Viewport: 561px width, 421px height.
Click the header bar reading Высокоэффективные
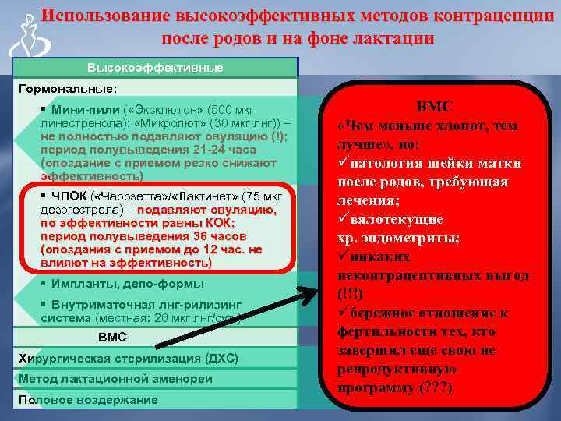tap(154, 68)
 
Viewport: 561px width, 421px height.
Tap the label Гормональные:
tap(67, 89)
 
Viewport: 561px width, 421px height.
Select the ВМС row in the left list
tap(111, 338)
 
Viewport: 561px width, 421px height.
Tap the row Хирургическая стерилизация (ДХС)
tap(128, 359)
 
